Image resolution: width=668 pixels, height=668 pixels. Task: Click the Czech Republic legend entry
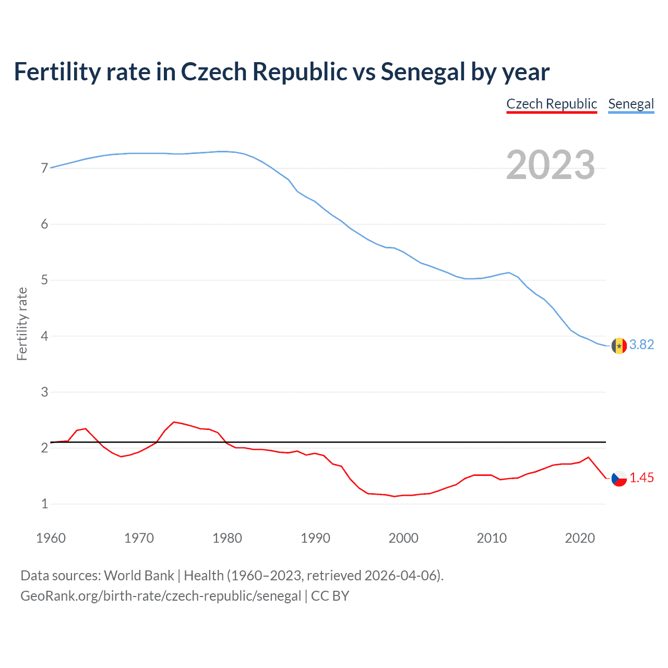click(x=552, y=104)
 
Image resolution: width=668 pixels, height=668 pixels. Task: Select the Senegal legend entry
click(x=631, y=104)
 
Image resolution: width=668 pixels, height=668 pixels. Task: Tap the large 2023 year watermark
click(x=551, y=165)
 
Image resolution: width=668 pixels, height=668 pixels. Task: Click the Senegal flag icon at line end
click(x=619, y=345)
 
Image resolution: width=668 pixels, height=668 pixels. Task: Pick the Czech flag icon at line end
click(x=619, y=478)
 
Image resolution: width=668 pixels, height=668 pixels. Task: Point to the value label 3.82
click(x=641, y=344)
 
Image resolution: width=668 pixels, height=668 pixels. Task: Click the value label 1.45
click(x=641, y=478)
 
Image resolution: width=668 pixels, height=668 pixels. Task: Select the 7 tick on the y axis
click(x=44, y=168)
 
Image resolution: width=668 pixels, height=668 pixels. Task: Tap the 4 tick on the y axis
click(x=44, y=336)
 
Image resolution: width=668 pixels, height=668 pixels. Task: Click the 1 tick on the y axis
click(x=44, y=504)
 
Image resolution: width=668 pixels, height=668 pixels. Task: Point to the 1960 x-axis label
click(x=51, y=538)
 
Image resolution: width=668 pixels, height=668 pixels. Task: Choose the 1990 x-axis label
click(x=315, y=538)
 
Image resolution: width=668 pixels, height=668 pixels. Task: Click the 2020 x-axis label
click(x=580, y=538)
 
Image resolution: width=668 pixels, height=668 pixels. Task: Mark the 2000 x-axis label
click(x=403, y=538)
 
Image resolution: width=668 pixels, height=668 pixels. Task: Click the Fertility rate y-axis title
click(x=22, y=324)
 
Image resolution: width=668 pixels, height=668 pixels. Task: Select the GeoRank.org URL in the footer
click(x=161, y=596)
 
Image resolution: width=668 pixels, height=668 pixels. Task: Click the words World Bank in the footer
click(x=139, y=576)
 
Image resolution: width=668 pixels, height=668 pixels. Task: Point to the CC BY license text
click(x=330, y=596)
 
